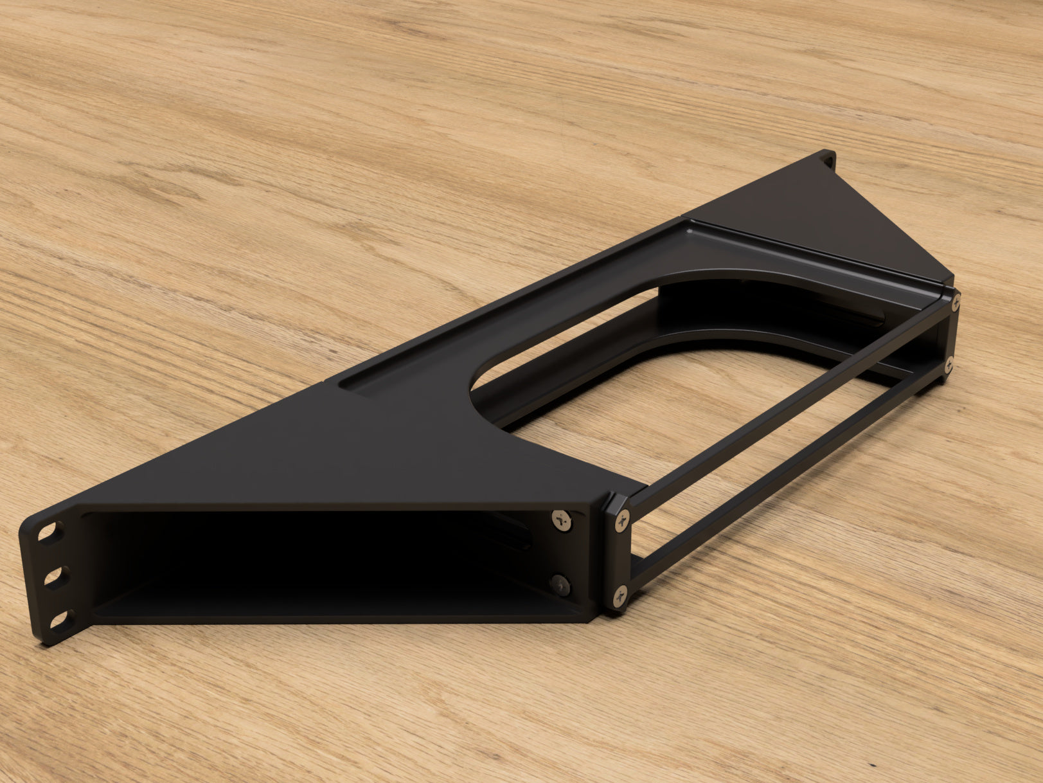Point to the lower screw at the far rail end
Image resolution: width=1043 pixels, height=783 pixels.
click(x=949, y=367)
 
